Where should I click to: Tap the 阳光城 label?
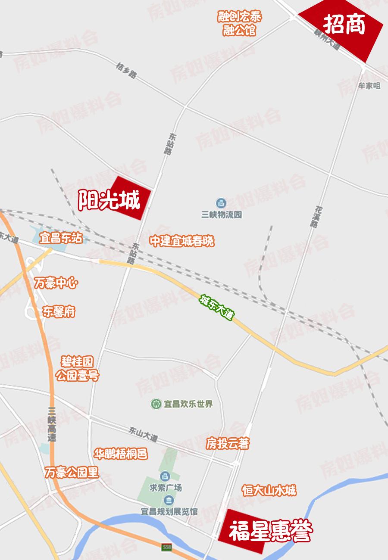tap(109, 201)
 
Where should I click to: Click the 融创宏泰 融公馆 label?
tap(239, 24)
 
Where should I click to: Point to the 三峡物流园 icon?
tap(221, 202)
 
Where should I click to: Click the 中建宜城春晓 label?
tap(182, 241)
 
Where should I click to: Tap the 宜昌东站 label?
tap(60, 238)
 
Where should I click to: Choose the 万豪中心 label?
tap(56, 284)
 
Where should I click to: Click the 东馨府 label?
tap(59, 311)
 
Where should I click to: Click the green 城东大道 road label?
tap(216, 307)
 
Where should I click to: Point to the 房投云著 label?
tap(227, 443)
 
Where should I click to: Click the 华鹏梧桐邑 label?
tap(121, 454)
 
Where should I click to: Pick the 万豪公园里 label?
tap(72, 473)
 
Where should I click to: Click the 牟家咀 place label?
tap(369, 86)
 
